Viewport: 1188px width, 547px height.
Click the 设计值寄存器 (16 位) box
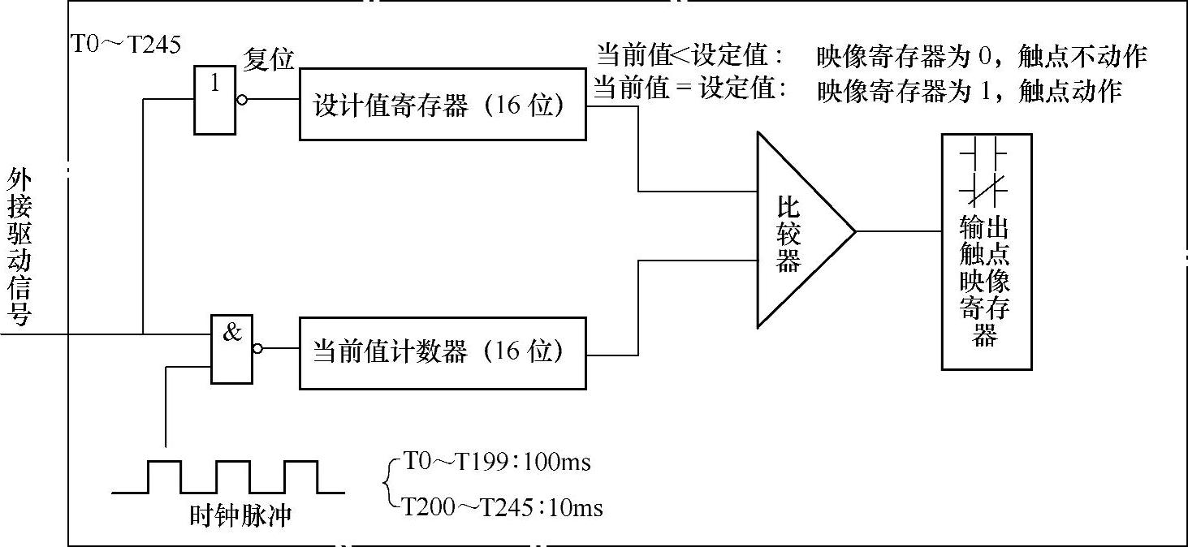(x=443, y=105)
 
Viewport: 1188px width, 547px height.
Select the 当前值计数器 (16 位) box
(x=443, y=353)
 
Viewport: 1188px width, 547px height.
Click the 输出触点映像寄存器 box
(x=986, y=252)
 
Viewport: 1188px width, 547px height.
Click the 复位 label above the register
(x=268, y=59)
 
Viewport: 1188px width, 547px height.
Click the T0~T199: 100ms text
(x=497, y=463)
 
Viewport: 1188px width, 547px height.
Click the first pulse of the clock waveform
(x=164, y=476)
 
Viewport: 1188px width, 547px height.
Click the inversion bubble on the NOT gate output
(x=240, y=101)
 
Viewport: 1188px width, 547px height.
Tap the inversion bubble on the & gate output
(x=257, y=349)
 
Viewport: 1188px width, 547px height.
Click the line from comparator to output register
(x=898, y=231)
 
